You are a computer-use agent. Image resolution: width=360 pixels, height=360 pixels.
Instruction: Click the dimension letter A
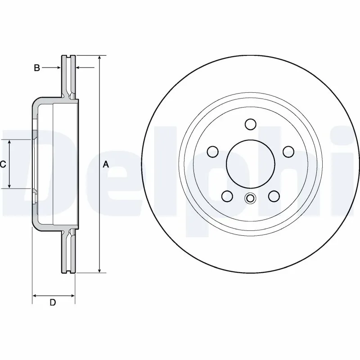(106, 165)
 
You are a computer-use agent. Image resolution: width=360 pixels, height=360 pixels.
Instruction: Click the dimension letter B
(37, 68)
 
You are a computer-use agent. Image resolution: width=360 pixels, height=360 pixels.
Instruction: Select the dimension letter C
(3, 165)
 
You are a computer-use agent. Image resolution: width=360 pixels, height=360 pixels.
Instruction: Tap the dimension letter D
(53, 302)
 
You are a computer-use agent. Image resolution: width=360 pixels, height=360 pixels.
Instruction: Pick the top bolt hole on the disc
(251, 124)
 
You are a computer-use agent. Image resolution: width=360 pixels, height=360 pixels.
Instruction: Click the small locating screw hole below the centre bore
(250, 198)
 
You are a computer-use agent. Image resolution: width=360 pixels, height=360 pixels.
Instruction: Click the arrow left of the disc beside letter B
(58, 68)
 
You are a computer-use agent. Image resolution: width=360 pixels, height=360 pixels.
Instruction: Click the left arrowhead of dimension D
(35, 296)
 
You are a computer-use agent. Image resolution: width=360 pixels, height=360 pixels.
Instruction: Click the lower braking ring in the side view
(68, 252)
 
